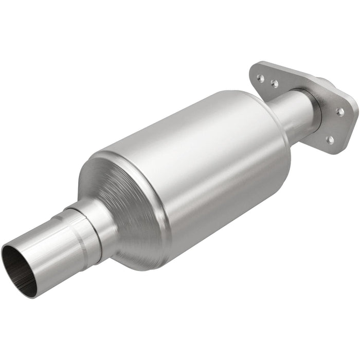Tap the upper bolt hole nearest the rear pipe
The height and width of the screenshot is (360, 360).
(274, 83)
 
